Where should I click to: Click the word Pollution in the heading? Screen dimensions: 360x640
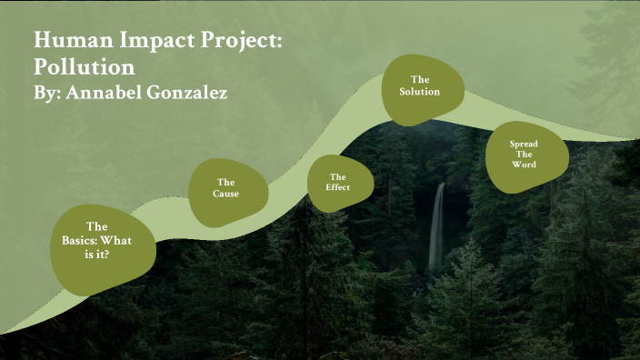(85, 67)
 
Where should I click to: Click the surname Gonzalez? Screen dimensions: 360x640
(194, 93)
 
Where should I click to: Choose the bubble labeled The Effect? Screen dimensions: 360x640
(338, 182)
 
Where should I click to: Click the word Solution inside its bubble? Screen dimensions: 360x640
(420, 92)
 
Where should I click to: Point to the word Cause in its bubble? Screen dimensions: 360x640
(226, 194)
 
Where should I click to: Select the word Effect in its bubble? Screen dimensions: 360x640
(338, 188)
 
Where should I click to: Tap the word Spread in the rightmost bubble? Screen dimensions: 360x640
(524, 144)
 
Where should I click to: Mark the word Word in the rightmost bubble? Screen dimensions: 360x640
(524, 165)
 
